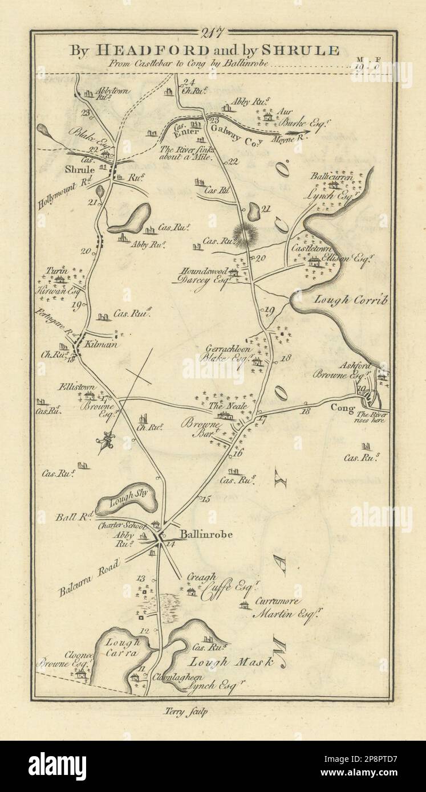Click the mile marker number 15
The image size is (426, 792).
click(204, 500)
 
